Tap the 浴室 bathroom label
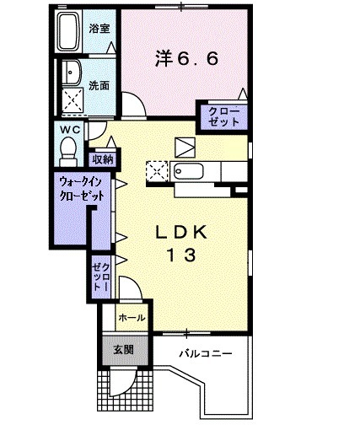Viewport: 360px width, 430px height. pos(99,29)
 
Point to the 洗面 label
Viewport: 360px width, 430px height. pos(99,84)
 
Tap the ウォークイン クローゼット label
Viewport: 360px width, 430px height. pos(82,186)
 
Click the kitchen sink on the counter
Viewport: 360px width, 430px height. pos(191,173)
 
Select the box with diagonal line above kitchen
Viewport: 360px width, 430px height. pos(185,144)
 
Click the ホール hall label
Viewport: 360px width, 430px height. pos(132,318)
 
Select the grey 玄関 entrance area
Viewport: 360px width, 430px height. pos(118,349)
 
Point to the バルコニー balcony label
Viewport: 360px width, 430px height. pos(205,355)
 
